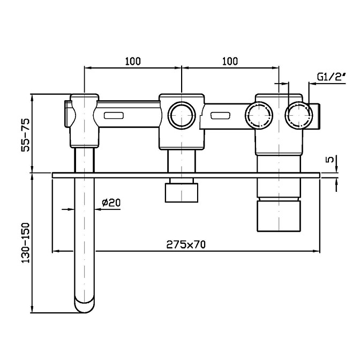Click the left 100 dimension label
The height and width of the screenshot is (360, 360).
133,61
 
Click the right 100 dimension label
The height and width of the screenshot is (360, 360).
229,61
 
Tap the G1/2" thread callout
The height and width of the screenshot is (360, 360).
330,77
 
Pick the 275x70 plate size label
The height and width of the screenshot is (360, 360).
186,244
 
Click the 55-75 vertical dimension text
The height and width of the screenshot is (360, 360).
25,135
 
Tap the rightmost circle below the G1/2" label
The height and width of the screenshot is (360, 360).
298,115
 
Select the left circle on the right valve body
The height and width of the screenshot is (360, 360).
258,115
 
